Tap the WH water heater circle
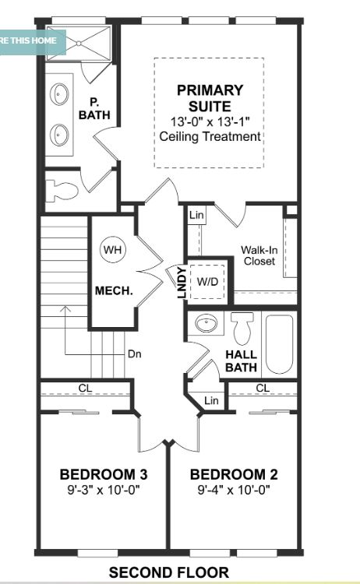click(113, 250)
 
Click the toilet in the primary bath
click(62, 189)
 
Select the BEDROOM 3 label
click(104, 475)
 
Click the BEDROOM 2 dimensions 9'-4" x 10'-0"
click(234, 491)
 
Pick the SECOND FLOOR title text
click(169, 573)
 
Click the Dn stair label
click(135, 353)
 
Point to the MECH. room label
click(114, 290)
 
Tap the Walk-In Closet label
click(258, 256)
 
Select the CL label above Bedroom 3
click(84, 387)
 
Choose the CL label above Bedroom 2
click(263, 387)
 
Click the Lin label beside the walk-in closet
click(196, 215)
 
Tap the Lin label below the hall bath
click(211, 400)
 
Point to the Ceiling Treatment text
click(209, 136)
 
